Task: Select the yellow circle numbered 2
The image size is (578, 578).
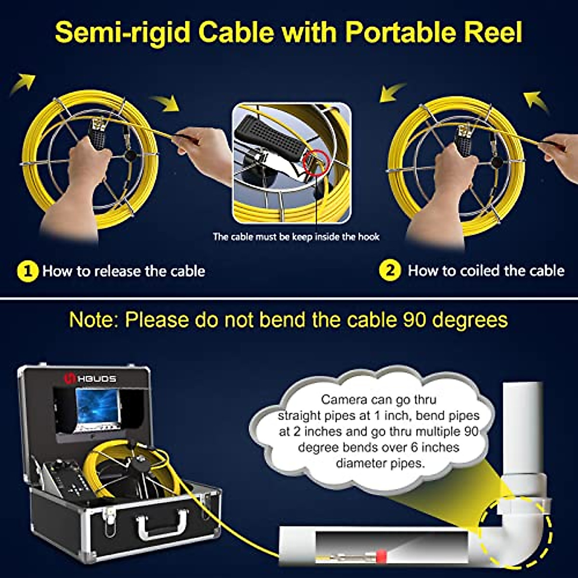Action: (x=390, y=271)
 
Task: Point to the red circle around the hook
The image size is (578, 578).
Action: (x=315, y=160)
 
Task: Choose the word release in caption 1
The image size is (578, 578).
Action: (x=118, y=271)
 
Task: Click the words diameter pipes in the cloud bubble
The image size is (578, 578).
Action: (x=380, y=463)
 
